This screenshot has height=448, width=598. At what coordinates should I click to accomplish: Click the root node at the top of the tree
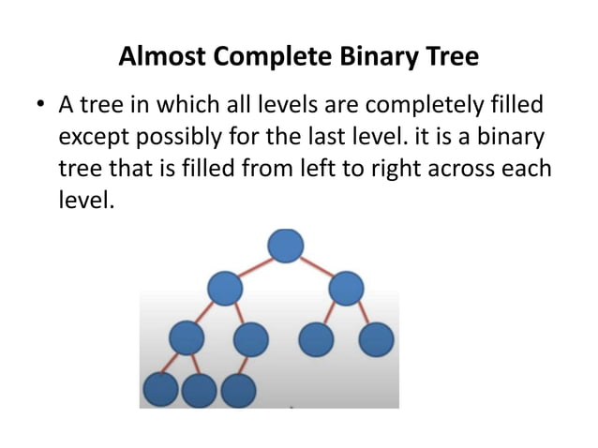click(286, 246)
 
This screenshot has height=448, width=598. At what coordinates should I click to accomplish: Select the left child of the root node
click(225, 288)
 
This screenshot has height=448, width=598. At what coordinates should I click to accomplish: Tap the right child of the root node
click(347, 288)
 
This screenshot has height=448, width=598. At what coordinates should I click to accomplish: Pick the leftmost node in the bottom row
click(161, 389)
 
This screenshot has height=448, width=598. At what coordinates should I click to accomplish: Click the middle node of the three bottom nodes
click(200, 389)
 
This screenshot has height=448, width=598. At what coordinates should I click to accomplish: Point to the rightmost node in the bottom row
click(238, 389)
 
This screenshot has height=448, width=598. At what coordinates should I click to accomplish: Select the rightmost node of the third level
click(376, 339)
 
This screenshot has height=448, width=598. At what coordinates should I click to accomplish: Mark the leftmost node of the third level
click(187, 338)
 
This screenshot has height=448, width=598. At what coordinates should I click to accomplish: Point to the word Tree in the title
click(450, 56)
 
